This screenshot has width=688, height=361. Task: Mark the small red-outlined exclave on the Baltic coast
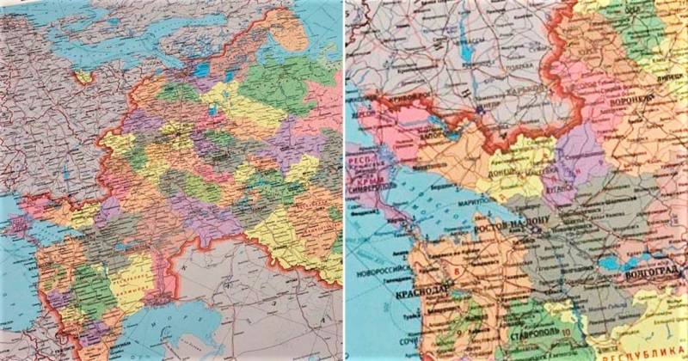83,76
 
